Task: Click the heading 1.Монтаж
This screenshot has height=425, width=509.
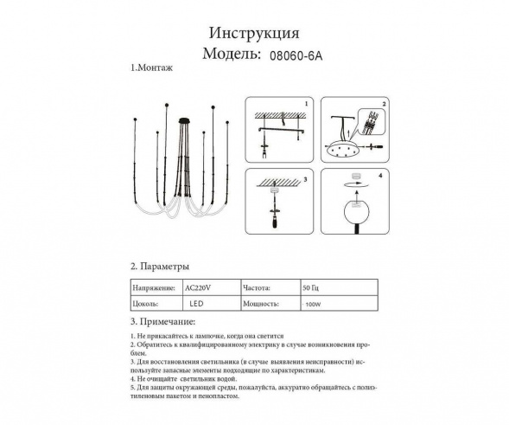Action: pos(148,68)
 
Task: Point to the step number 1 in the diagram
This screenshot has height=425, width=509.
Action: pos(305,103)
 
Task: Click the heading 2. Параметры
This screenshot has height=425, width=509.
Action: pos(159,267)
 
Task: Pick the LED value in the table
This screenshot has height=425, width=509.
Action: pos(198,305)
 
